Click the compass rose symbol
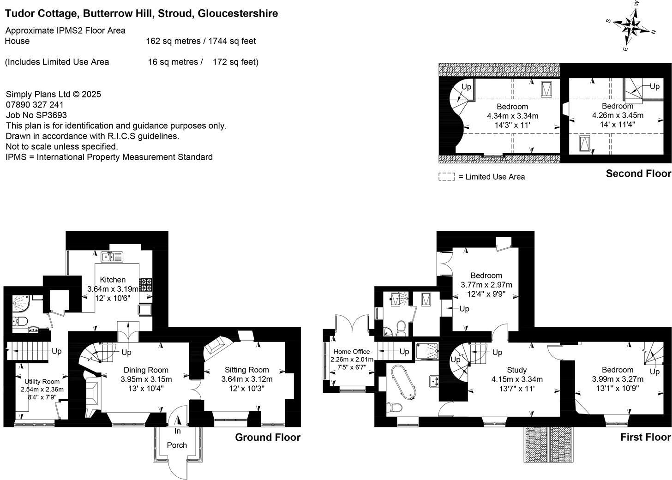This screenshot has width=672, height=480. point(631,26)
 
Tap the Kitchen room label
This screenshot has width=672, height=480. point(113,280)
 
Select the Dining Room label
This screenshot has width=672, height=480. point(146,370)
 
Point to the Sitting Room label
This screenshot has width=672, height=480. point(247,370)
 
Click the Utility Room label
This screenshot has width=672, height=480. point(42,382)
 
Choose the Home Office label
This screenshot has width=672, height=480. point(352,352)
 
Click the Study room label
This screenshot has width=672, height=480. point(517,370)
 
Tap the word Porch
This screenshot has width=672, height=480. point(177,445)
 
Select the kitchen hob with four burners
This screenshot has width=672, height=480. point(146,285)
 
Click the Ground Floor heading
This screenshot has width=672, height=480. point(268,438)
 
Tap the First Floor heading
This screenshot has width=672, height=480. point(645,438)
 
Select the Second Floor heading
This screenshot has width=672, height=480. point(638,174)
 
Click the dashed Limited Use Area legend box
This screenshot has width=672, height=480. point(446,177)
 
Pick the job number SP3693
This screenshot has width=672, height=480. point(52,115)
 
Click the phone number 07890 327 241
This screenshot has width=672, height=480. point(35,105)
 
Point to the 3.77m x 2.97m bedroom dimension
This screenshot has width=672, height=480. point(486,285)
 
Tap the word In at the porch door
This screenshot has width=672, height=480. point(178,431)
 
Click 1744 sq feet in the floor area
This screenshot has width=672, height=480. point(232,41)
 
